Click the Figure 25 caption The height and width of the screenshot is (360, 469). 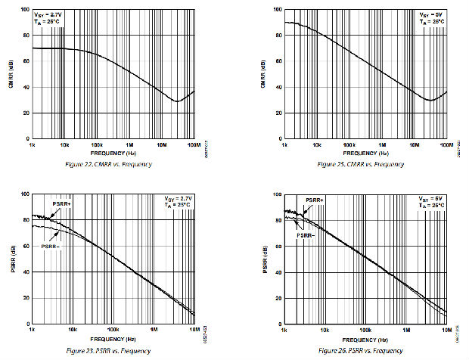click(361, 164)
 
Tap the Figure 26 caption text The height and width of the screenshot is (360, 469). click(360, 351)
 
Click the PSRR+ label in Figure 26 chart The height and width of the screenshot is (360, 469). click(315, 200)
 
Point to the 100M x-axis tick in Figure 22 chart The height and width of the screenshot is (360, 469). click(193, 144)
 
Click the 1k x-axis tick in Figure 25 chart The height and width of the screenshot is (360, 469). click(284, 144)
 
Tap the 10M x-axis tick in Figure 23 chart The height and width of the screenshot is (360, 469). click(194, 331)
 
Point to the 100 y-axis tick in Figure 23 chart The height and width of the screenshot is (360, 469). click(26, 194)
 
